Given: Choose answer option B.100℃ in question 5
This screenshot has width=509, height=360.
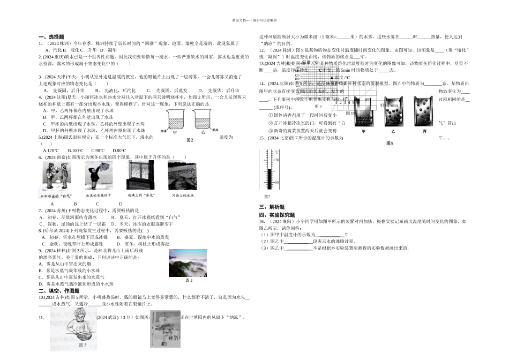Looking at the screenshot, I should tap(76, 151).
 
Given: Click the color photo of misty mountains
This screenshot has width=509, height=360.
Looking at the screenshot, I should tap(188, 262).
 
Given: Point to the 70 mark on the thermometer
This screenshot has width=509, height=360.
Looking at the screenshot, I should tap(277, 160).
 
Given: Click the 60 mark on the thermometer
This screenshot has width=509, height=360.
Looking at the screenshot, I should tap(277, 183).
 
